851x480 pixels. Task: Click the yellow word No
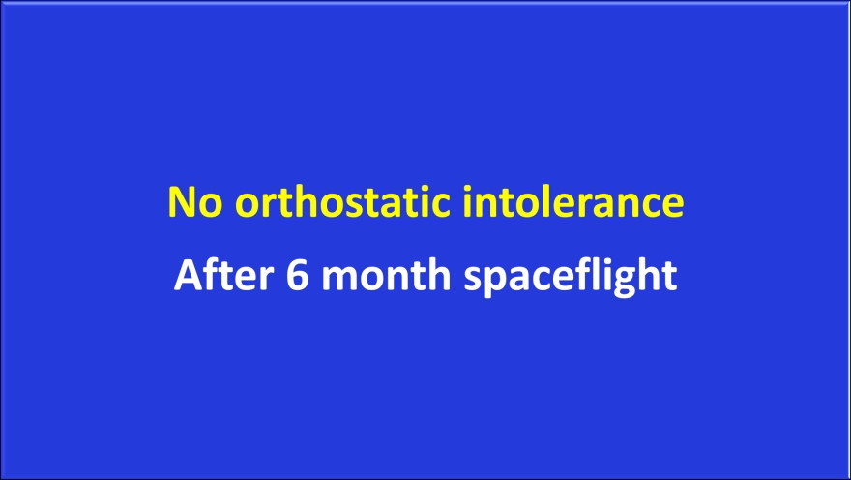[195, 202]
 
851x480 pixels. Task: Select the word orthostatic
[342, 201]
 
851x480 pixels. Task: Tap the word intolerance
[573, 201]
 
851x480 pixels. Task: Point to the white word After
[223, 274]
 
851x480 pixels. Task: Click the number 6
[298, 275]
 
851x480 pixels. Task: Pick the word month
[386, 274]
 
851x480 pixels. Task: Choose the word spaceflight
[570, 277]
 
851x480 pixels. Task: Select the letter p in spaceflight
[499, 283]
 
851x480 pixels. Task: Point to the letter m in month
[340, 279]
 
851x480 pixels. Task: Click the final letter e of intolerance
[673, 206]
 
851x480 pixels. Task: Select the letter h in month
[438, 274]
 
